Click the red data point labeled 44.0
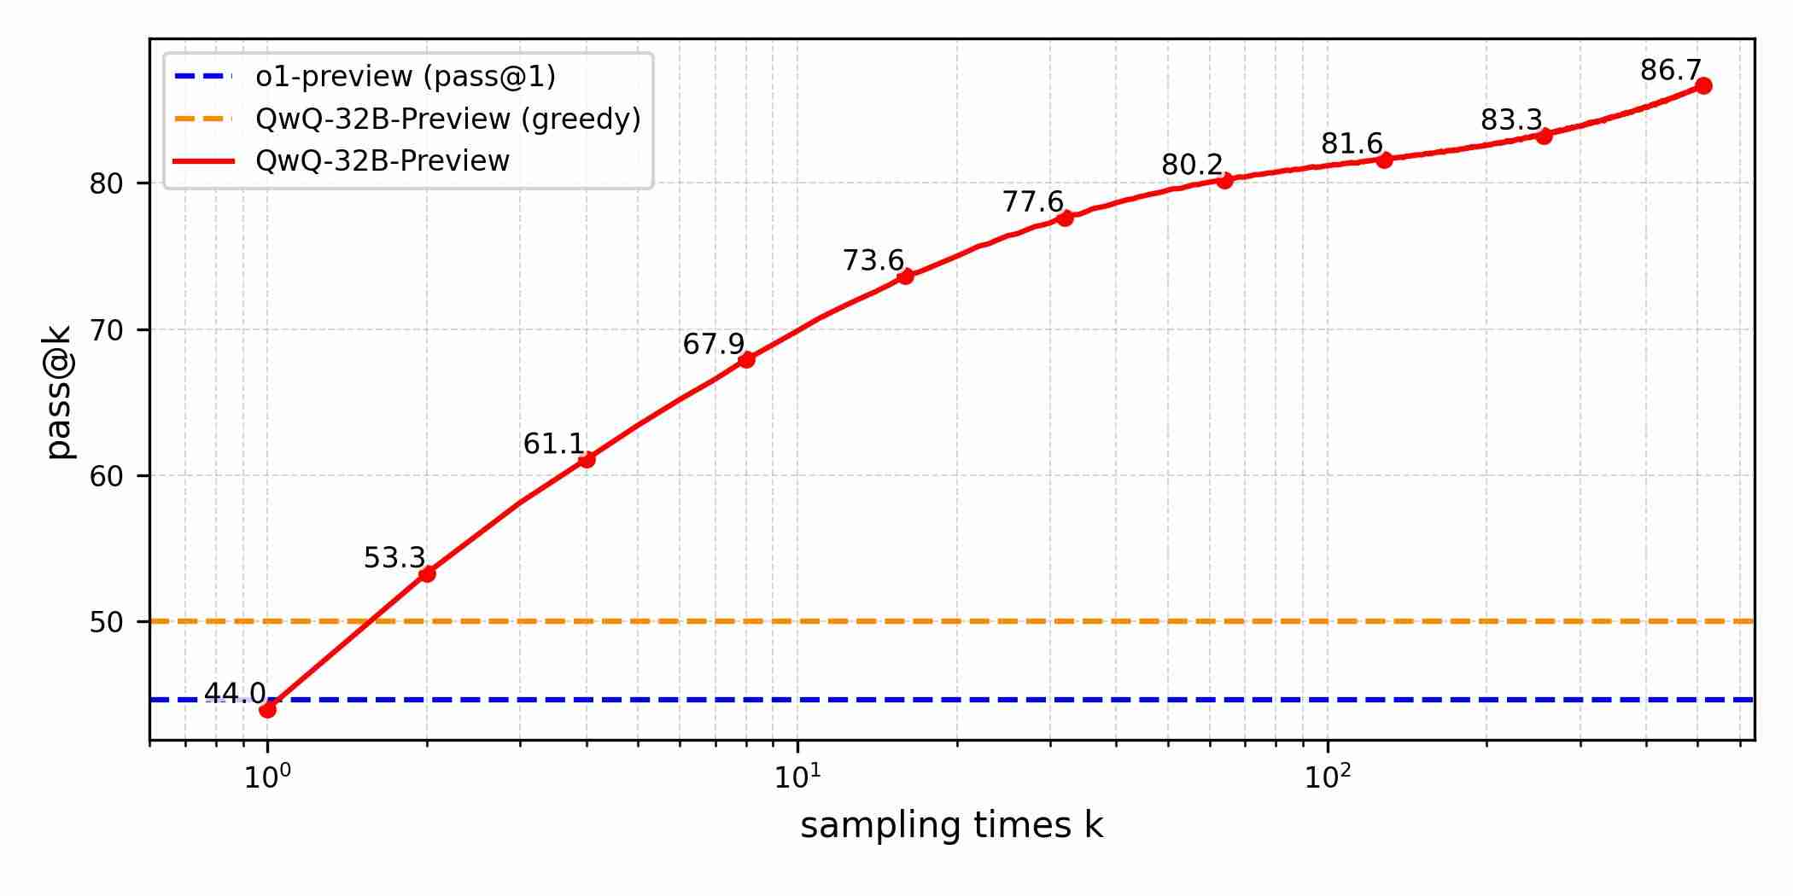click(x=267, y=709)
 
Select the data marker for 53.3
click(x=427, y=573)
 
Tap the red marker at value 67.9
click(x=746, y=359)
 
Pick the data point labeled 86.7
click(x=1702, y=85)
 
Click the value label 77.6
click(x=1032, y=202)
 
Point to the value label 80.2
click(x=1192, y=165)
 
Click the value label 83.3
click(x=1511, y=120)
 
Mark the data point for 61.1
click(x=587, y=459)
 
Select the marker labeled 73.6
click(x=905, y=276)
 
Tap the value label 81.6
click(x=1352, y=143)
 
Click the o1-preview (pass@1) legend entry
click(x=406, y=77)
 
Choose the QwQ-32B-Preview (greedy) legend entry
click(x=447, y=119)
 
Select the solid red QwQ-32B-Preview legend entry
click(x=383, y=160)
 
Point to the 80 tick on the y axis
click(x=107, y=183)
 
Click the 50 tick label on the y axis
click(x=107, y=622)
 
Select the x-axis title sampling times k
click(x=951, y=826)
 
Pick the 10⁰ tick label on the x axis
click(x=267, y=777)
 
